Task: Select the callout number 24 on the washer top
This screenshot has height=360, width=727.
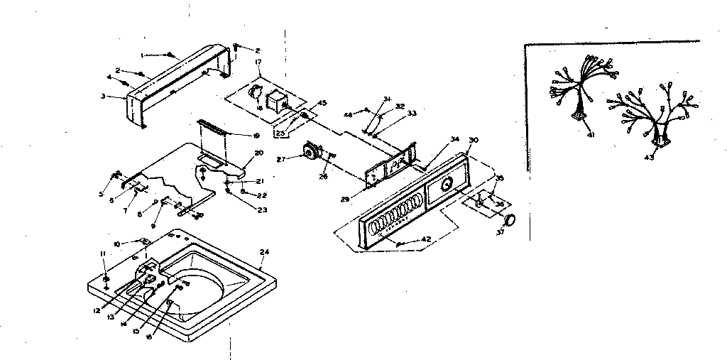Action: click(x=264, y=251)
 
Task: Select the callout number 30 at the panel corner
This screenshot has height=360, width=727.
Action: click(x=474, y=140)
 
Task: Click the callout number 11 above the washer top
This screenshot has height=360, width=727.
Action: click(x=102, y=253)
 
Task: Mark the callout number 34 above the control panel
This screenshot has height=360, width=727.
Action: click(x=454, y=139)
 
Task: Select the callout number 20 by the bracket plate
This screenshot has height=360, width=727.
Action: click(x=258, y=153)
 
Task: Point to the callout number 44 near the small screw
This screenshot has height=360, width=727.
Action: click(x=349, y=114)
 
